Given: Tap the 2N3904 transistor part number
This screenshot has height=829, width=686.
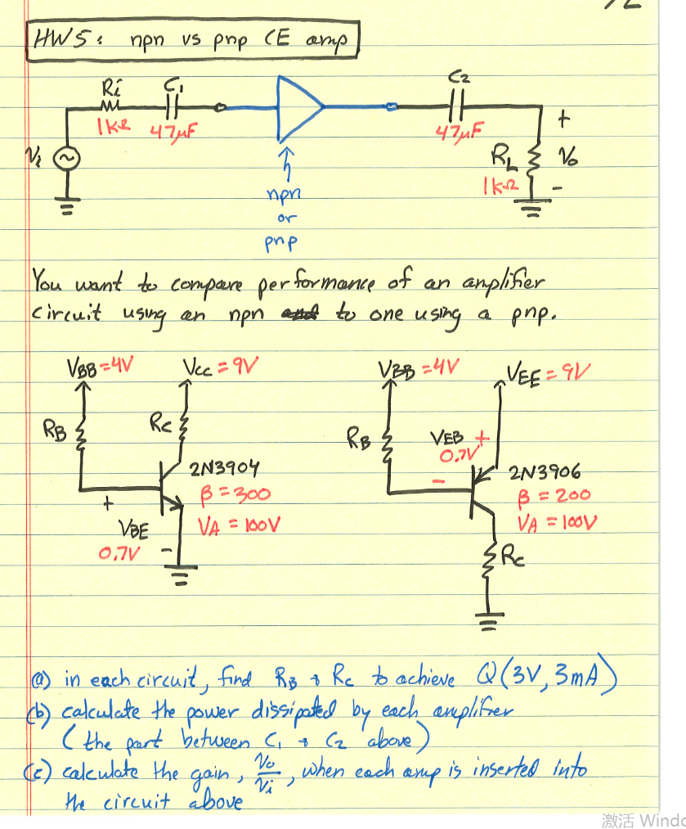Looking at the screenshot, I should pyautogui.click(x=224, y=469).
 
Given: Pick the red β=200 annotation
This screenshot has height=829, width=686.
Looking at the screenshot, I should pyautogui.click(x=555, y=496).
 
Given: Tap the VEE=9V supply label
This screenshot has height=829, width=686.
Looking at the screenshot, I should pyautogui.click(x=549, y=375).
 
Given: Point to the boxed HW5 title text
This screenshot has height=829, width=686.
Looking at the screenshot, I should pyautogui.click(x=193, y=40).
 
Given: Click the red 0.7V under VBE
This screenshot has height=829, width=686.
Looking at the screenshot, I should pyautogui.click(x=119, y=554).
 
